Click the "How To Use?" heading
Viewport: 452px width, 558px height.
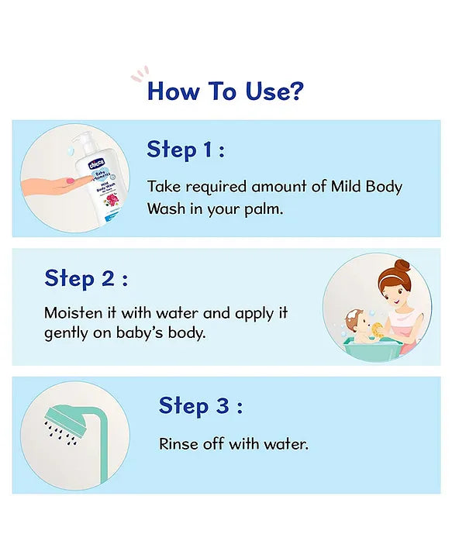(x=225, y=91)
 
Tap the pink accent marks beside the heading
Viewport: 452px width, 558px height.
(x=139, y=75)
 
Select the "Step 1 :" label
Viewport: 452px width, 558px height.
(x=185, y=150)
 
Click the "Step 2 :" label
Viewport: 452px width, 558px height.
(x=86, y=277)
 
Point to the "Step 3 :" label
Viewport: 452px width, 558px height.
(x=200, y=405)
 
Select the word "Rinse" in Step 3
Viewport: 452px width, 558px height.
(x=178, y=445)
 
